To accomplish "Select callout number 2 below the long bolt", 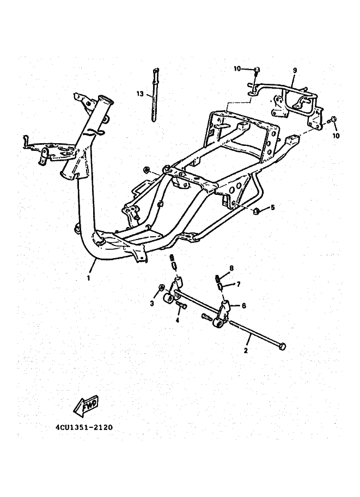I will (246, 351).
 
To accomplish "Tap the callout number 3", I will (152, 303).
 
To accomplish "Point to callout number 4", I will (177, 320).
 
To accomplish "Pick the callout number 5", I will (273, 207).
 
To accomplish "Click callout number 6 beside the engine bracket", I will (243, 306).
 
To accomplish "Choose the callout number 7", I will (238, 284).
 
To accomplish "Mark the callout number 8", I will (231, 268).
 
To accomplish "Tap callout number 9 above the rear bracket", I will (295, 70).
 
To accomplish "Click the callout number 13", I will (140, 94).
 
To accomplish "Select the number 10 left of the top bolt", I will (237, 69).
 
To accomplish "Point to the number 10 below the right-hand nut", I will (335, 134).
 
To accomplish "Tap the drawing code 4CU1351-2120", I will (84, 427).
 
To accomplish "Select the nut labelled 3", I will (161, 288).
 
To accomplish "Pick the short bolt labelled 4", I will (181, 306).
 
